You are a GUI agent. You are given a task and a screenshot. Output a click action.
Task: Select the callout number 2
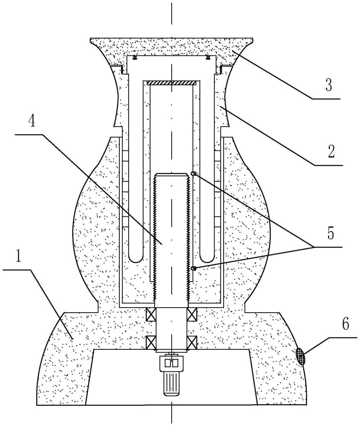331,151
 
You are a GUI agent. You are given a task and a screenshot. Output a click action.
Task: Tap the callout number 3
329,85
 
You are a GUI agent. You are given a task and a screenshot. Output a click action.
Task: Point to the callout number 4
32,121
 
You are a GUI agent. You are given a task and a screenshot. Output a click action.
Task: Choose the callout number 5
330,233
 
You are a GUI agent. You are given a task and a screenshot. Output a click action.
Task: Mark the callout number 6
346,324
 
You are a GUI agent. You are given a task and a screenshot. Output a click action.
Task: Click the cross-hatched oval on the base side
300,356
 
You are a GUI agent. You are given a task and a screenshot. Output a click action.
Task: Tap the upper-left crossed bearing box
151,314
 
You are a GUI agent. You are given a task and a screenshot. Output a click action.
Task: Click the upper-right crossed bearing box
192,314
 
